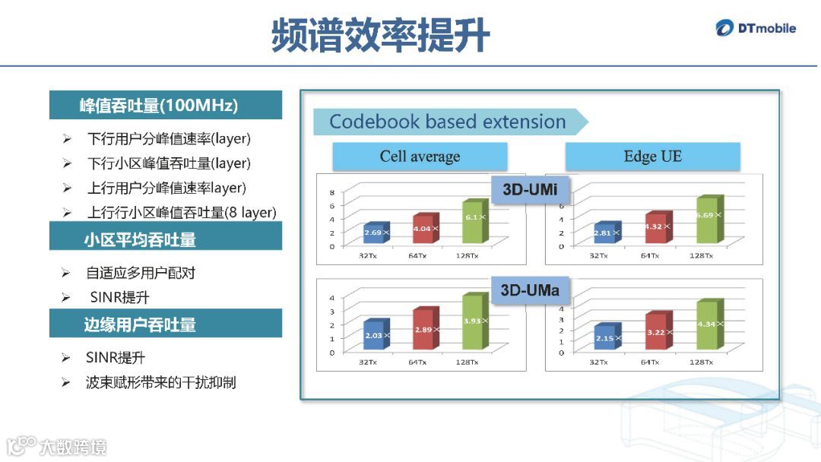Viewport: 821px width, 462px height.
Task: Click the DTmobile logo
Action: click(756, 29)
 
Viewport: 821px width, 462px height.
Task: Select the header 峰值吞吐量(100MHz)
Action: click(165, 106)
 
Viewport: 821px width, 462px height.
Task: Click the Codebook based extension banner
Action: click(449, 122)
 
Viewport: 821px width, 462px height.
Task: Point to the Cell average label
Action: click(420, 157)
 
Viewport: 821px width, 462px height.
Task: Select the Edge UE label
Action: click(652, 157)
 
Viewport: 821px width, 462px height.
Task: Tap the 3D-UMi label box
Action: click(531, 190)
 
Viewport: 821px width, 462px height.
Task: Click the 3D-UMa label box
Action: click(530, 290)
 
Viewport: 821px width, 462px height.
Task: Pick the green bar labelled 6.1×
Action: click(472, 221)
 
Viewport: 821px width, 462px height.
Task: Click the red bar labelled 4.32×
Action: click(655, 228)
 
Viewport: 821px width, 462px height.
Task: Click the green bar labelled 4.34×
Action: click(706, 325)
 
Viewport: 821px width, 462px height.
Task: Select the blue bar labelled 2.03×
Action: click(375, 336)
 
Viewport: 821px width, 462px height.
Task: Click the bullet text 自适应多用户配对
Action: click(141, 273)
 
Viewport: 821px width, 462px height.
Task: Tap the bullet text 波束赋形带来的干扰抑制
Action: click(160, 382)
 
